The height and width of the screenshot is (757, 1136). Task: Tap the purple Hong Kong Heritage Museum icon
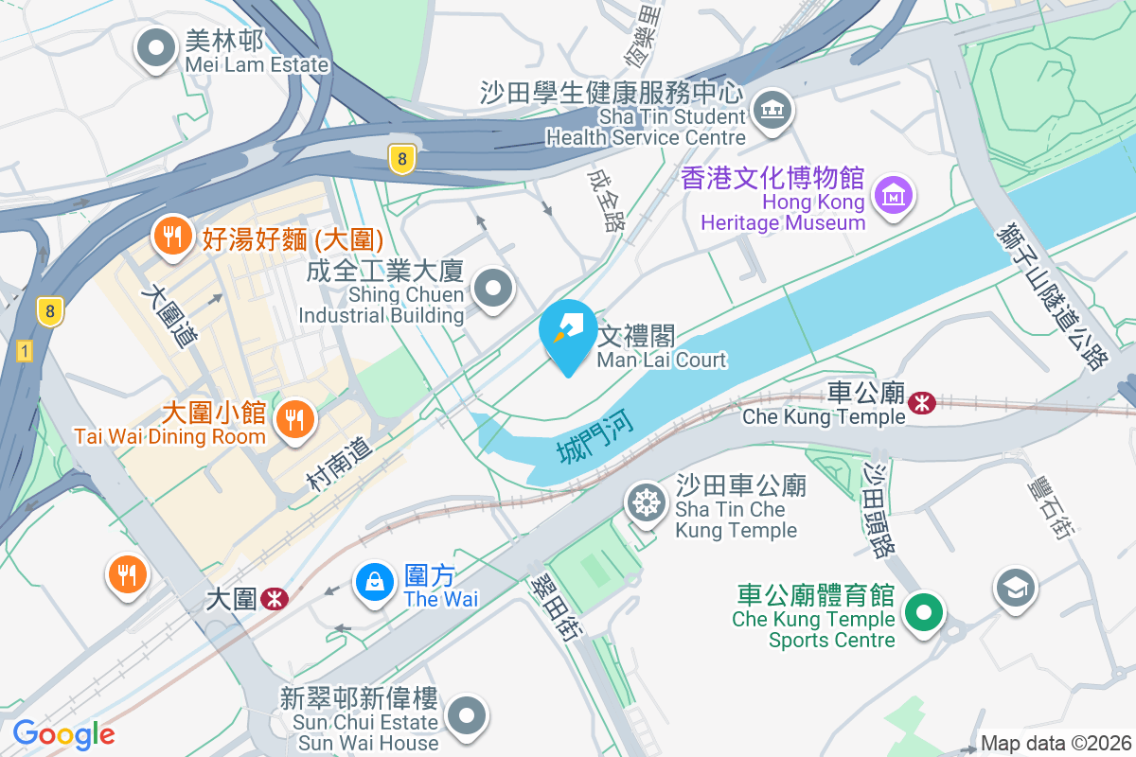(x=893, y=196)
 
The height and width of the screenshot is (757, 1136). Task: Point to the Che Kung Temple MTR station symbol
(x=920, y=403)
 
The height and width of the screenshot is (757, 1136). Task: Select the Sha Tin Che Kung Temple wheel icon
(x=647, y=502)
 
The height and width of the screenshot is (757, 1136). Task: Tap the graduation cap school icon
(x=1016, y=588)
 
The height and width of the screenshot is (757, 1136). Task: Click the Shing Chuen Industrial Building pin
(x=492, y=289)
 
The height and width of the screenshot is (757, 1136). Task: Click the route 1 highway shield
(x=25, y=351)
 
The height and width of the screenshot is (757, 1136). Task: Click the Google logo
(x=63, y=733)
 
